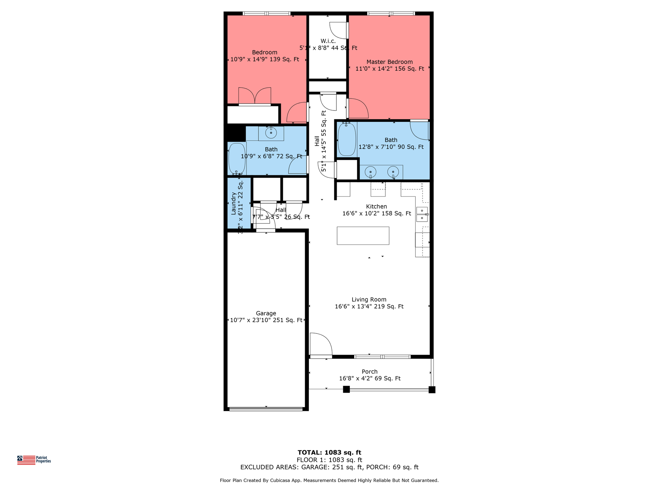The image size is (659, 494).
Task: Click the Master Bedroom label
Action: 389,62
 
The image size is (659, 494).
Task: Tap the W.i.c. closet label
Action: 328,41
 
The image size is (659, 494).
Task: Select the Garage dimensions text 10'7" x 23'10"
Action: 266,320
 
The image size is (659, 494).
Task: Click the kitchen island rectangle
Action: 363,236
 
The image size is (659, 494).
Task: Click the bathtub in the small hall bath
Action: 237,158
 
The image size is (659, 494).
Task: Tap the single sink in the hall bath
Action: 271,133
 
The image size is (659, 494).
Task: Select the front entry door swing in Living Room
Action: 320,344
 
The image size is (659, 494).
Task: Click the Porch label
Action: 369,372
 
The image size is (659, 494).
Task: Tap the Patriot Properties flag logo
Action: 26,460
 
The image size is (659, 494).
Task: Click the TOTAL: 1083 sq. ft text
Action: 329,452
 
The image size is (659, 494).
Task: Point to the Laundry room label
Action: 233,203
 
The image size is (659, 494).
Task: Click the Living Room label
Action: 369,300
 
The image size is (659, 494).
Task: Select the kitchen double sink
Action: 422,214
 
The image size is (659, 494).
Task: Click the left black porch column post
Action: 346,389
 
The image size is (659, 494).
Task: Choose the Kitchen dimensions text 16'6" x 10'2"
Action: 377,213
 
